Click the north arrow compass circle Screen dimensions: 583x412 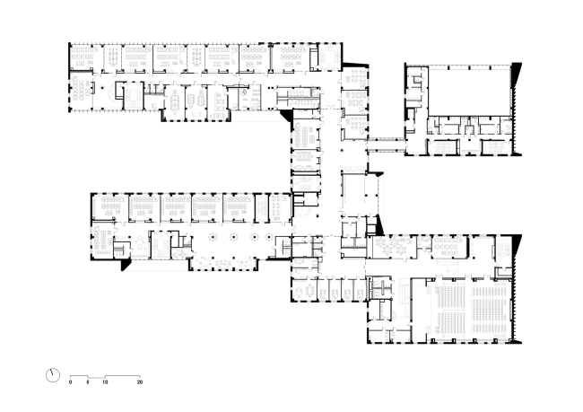coord(52,375)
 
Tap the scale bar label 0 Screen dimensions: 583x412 coord(70,382)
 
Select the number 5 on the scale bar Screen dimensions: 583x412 coord(88,382)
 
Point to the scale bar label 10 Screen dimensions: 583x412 coord(105,382)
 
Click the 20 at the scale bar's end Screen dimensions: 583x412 coord(140,382)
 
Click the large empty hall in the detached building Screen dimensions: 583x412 coord(470,92)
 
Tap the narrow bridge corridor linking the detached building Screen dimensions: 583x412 coord(387,145)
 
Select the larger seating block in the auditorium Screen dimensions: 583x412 coord(490,309)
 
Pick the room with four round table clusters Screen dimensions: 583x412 coord(394,246)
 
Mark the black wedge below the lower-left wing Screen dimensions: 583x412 coord(126,265)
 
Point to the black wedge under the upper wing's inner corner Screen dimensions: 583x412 coord(286,116)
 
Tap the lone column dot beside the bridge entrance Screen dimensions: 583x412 coord(342,151)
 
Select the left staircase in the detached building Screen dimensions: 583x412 coord(442,146)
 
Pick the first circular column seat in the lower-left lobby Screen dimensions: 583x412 coord(213,236)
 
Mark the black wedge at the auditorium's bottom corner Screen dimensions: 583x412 coord(517,341)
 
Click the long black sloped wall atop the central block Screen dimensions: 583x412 coord(355,65)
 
